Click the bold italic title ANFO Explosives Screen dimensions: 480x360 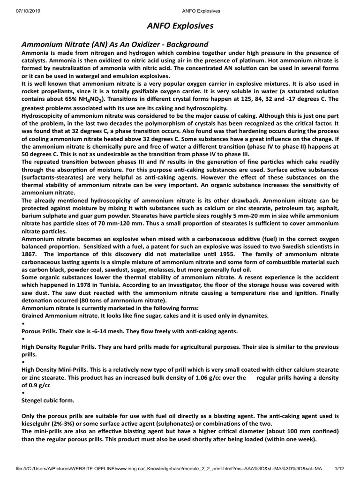pos(180,26)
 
